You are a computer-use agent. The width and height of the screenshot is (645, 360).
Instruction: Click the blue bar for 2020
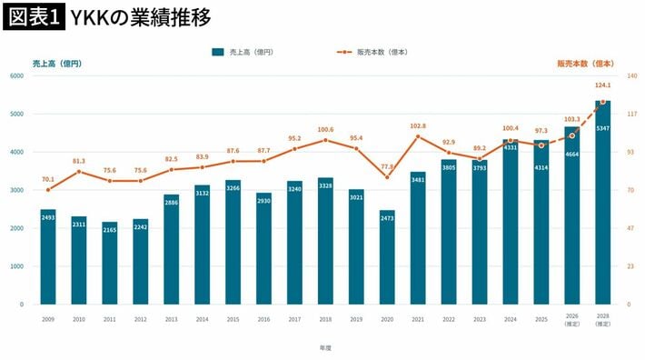(x=387, y=257)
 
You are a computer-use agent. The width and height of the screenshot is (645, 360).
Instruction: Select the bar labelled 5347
(x=603, y=203)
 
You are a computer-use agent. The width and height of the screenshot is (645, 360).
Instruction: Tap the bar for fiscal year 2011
(x=110, y=264)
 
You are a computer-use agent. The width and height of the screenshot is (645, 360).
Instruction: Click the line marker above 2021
(x=418, y=136)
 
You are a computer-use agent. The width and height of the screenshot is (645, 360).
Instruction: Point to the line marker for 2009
(x=48, y=190)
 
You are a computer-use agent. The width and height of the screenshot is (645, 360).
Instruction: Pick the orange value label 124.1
(x=603, y=85)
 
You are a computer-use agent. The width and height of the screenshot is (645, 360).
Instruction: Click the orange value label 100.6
(x=325, y=130)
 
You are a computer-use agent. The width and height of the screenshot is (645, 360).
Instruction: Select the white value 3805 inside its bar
(x=449, y=168)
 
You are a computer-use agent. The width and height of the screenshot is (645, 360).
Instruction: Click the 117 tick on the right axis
(x=632, y=114)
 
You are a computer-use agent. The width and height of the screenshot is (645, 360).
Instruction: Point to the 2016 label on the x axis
(x=263, y=319)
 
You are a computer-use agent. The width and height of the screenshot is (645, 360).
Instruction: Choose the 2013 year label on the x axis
(x=171, y=319)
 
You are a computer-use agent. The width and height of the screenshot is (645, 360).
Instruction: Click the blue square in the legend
(x=218, y=52)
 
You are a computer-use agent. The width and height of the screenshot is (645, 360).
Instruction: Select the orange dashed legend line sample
(x=344, y=52)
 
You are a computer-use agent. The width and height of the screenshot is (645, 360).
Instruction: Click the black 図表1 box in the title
(x=35, y=17)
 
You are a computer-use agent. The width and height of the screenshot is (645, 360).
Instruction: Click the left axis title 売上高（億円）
(x=57, y=64)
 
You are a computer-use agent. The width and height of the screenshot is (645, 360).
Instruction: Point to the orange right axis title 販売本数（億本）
(x=586, y=64)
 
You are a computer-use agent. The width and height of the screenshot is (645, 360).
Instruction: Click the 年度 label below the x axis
(x=325, y=348)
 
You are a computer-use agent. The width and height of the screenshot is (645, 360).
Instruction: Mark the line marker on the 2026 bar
(x=572, y=135)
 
